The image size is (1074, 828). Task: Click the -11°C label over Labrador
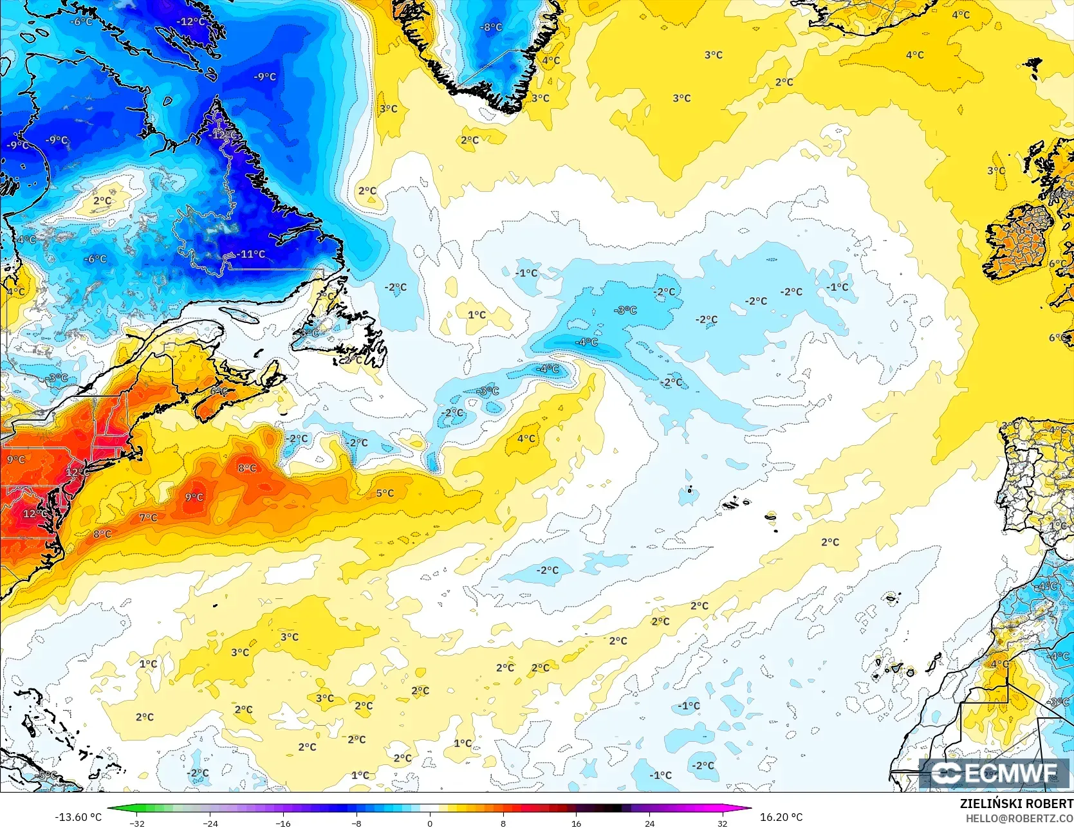250,254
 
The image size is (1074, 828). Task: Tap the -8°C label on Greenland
491,27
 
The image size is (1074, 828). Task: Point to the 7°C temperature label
148,517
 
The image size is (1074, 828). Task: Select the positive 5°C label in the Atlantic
385,493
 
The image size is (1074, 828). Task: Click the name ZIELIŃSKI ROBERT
1016,804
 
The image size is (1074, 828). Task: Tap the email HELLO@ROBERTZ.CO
1019,818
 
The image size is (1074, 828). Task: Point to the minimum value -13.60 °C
79,817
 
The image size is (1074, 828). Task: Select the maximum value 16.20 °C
781,817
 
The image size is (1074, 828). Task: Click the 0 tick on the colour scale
430,823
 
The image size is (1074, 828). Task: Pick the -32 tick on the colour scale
137,823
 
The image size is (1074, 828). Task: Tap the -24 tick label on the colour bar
210,823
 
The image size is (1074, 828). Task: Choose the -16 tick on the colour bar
283,823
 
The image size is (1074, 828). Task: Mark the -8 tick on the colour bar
356,823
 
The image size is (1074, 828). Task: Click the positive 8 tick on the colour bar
503,823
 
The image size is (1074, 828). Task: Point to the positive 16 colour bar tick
576,823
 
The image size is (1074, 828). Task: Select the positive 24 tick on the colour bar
649,823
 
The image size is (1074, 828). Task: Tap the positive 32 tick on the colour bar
722,823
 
